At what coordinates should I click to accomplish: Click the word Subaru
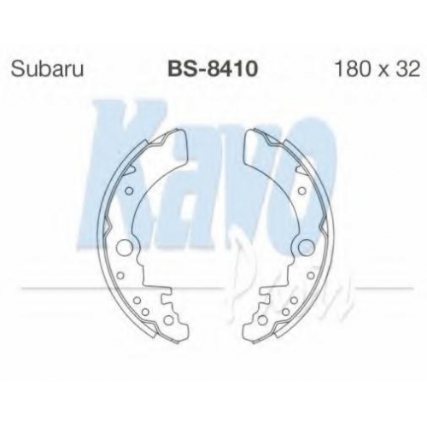tap(47, 69)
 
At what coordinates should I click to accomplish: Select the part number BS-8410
tap(213, 69)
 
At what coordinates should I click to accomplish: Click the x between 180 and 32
tap(384, 72)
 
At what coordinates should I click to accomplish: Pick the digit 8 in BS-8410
tap(213, 69)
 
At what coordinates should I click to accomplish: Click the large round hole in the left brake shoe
tap(124, 247)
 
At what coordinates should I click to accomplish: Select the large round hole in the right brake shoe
tap(306, 247)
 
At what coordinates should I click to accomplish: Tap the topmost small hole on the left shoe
tap(129, 190)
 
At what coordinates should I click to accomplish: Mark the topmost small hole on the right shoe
tap(301, 190)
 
